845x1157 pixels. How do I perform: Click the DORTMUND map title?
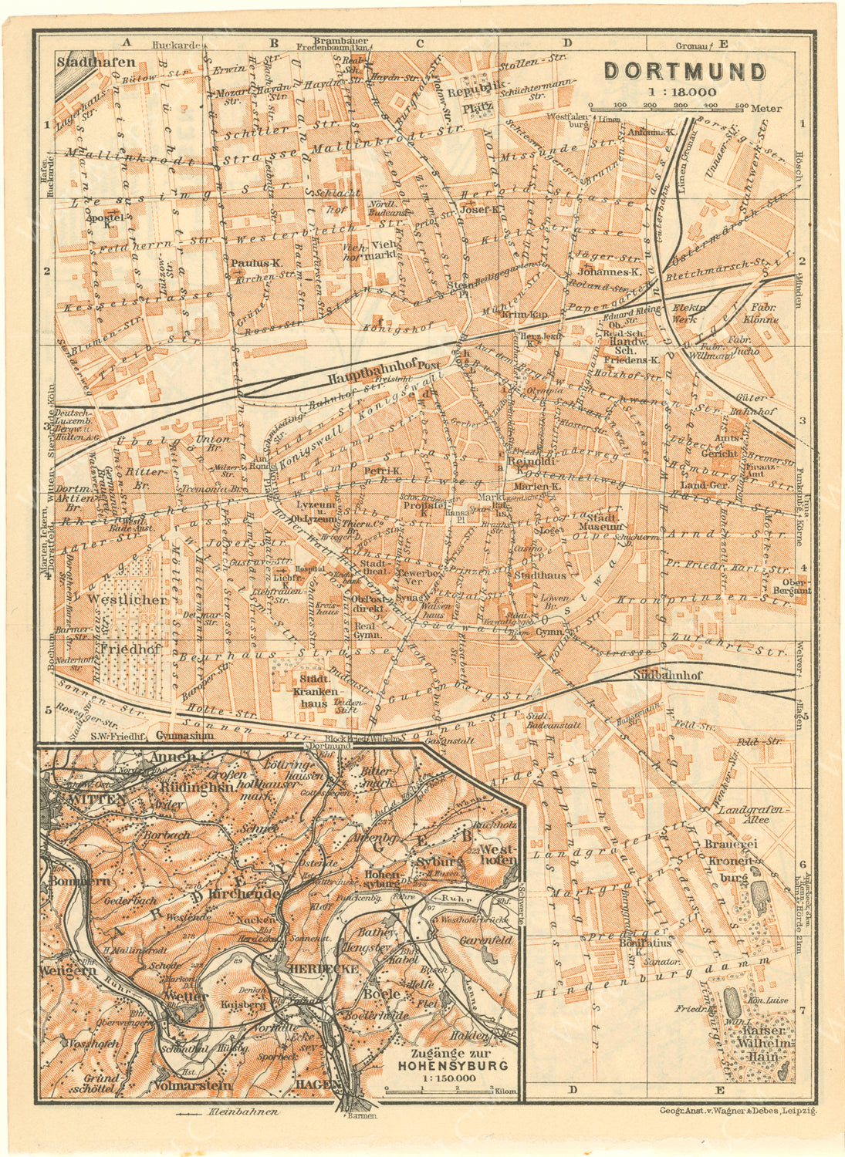(x=684, y=72)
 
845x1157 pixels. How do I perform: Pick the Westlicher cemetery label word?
(x=127, y=599)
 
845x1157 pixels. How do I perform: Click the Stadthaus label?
(x=539, y=575)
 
